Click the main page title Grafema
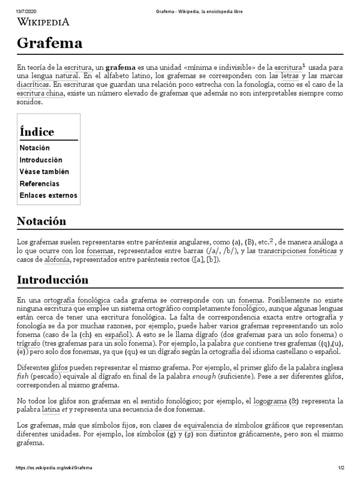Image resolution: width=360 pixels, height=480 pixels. click(x=50, y=43)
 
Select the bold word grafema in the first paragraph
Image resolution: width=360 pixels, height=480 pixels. click(x=120, y=67)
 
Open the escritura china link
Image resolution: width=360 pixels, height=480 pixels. click(x=40, y=94)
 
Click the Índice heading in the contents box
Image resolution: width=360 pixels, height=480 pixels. click(x=37, y=131)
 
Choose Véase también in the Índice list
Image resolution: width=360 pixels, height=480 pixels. click(x=44, y=172)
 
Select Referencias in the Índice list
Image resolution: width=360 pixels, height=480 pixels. click(x=39, y=184)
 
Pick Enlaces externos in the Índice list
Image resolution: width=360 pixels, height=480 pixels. click(x=48, y=195)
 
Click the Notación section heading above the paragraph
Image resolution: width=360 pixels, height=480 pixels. click(x=41, y=221)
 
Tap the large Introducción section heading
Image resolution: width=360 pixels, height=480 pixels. click(x=52, y=280)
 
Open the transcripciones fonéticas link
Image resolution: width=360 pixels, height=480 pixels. click(x=297, y=251)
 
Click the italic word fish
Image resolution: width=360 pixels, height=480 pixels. click(x=22, y=376)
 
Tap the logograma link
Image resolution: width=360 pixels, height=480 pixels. click(x=270, y=401)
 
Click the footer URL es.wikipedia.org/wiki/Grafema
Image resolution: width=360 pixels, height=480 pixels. click(x=54, y=468)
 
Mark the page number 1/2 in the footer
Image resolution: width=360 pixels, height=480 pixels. click(x=341, y=468)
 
